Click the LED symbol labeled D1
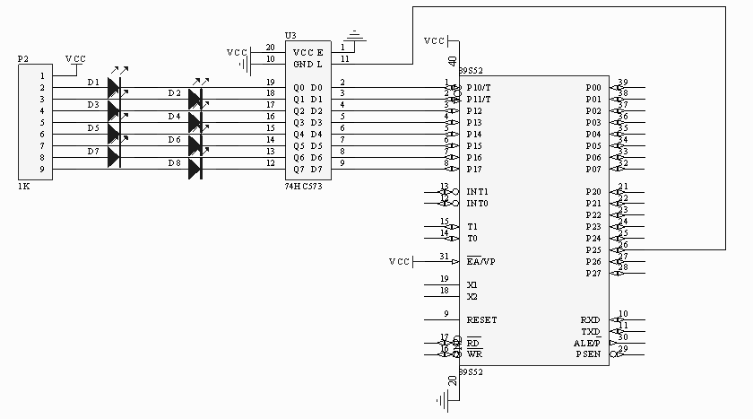point(113,86)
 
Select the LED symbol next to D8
point(195,168)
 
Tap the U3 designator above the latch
point(290,35)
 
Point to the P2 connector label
point(23,58)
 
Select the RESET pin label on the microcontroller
point(481,319)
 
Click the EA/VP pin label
point(480,261)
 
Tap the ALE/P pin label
point(592,343)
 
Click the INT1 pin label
point(477,192)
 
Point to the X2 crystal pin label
point(472,296)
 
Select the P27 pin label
point(593,273)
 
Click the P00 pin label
point(593,87)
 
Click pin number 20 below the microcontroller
point(452,380)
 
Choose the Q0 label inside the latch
point(299,87)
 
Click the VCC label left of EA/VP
point(399,261)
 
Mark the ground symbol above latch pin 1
point(356,35)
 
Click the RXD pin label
point(591,319)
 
